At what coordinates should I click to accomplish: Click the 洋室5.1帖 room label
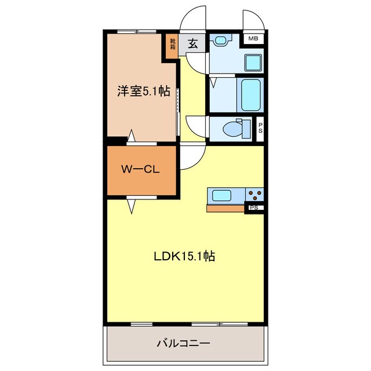[x=144, y=91]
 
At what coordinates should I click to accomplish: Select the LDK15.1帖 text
[x=184, y=256]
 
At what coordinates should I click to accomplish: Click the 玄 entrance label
[x=192, y=43]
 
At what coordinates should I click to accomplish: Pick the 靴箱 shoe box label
[x=173, y=43]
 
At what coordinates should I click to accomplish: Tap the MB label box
[x=253, y=38]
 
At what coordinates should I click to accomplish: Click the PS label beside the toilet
[x=260, y=128]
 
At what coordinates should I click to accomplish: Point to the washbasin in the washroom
[x=220, y=41]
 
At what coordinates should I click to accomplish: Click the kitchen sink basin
[x=222, y=195]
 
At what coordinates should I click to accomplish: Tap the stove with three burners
[x=254, y=195]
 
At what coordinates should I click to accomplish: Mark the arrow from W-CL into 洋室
[x=132, y=136]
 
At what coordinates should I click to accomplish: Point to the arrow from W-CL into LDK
[x=131, y=205]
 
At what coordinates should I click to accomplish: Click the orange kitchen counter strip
[x=225, y=208]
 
